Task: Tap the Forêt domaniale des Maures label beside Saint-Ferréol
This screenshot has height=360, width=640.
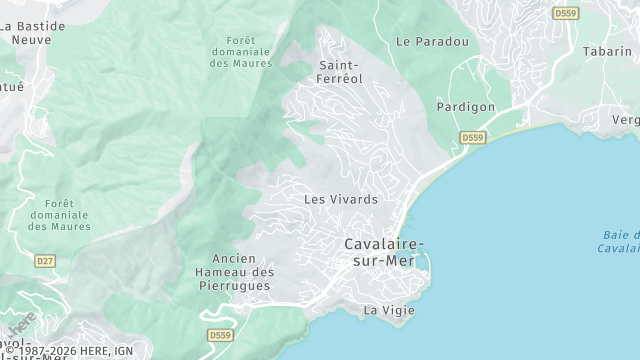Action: coord(236,51)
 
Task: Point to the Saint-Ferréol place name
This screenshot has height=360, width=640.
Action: coord(340,71)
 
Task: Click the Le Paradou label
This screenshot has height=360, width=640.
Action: coord(432,42)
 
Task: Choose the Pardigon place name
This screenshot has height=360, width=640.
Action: coord(465,106)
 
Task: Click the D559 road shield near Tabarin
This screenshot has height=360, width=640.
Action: coord(565,13)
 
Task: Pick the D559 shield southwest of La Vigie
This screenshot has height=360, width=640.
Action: coord(220,335)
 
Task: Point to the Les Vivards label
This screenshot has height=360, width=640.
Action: coord(340,199)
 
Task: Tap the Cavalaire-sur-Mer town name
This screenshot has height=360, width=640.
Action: coord(383,252)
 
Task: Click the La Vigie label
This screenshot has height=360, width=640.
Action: coord(388,310)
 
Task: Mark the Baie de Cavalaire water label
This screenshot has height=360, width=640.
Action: coord(620,241)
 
